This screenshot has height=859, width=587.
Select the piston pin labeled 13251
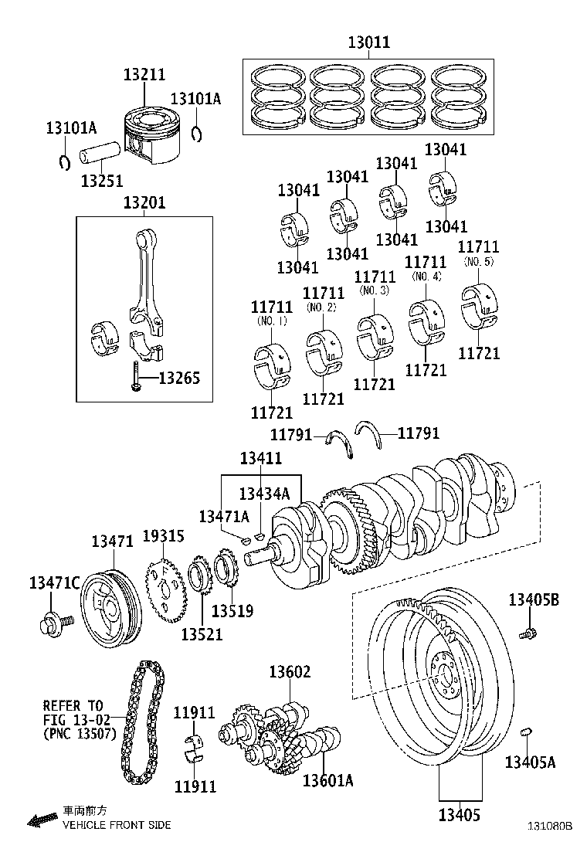[96, 154]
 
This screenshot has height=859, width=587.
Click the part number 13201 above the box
[144, 203]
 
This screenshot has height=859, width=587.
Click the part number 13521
[202, 633]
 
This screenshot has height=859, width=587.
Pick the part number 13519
[232, 611]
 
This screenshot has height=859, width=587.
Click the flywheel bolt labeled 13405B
[529, 633]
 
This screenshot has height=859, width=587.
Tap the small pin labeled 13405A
[528, 731]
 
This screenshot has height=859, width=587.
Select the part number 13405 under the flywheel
[461, 815]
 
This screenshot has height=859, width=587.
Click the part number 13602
[290, 672]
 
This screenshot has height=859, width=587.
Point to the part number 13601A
[327, 781]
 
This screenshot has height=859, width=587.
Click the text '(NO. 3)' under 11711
[374, 290]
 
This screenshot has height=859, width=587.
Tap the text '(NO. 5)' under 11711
[478, 262]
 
